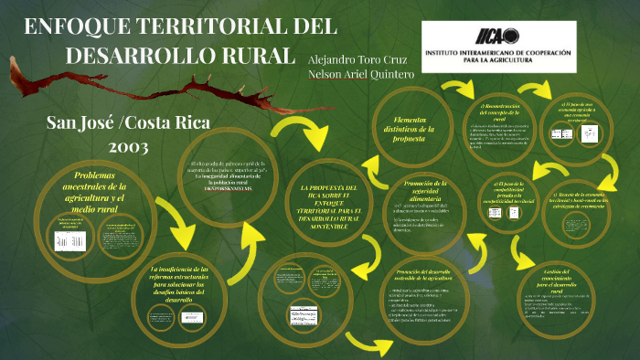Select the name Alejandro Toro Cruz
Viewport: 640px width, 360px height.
353,57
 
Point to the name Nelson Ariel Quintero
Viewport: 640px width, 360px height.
361,73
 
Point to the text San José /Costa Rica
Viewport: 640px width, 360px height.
129,123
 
